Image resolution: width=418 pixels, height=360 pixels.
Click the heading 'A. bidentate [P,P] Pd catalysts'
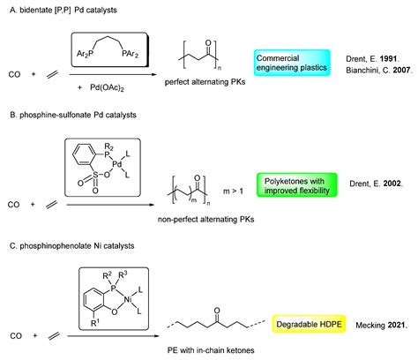click(x=64, y=9)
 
